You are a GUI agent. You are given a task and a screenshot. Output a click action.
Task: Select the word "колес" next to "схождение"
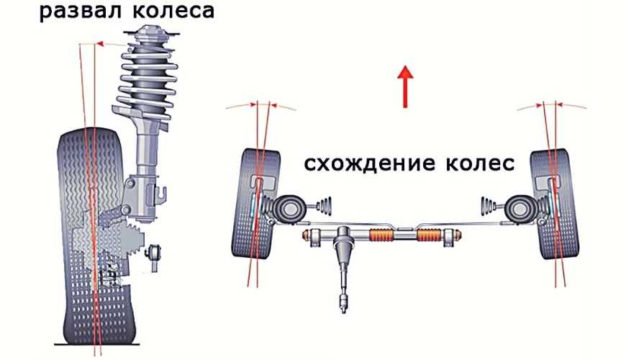(x=474, y=163)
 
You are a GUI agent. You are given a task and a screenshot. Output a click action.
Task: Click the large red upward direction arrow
(x=406, y=86)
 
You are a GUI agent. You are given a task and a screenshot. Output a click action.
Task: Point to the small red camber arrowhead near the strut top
(x=100, y=43)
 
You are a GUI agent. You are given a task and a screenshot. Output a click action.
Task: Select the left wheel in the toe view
(x=256, y=204)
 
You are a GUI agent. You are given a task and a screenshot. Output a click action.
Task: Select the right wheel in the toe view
(x=555, y=204)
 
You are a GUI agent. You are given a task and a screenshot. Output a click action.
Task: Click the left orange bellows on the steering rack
(x=382, y=235)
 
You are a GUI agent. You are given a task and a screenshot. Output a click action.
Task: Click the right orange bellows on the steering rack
(x=429, y=235)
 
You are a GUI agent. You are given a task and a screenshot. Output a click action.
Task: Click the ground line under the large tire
(x=97, y=343)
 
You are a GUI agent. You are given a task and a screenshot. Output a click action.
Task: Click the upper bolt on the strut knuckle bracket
(x=130, y=183)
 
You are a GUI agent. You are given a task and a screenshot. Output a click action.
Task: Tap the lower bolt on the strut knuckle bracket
(x=125, y=209)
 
